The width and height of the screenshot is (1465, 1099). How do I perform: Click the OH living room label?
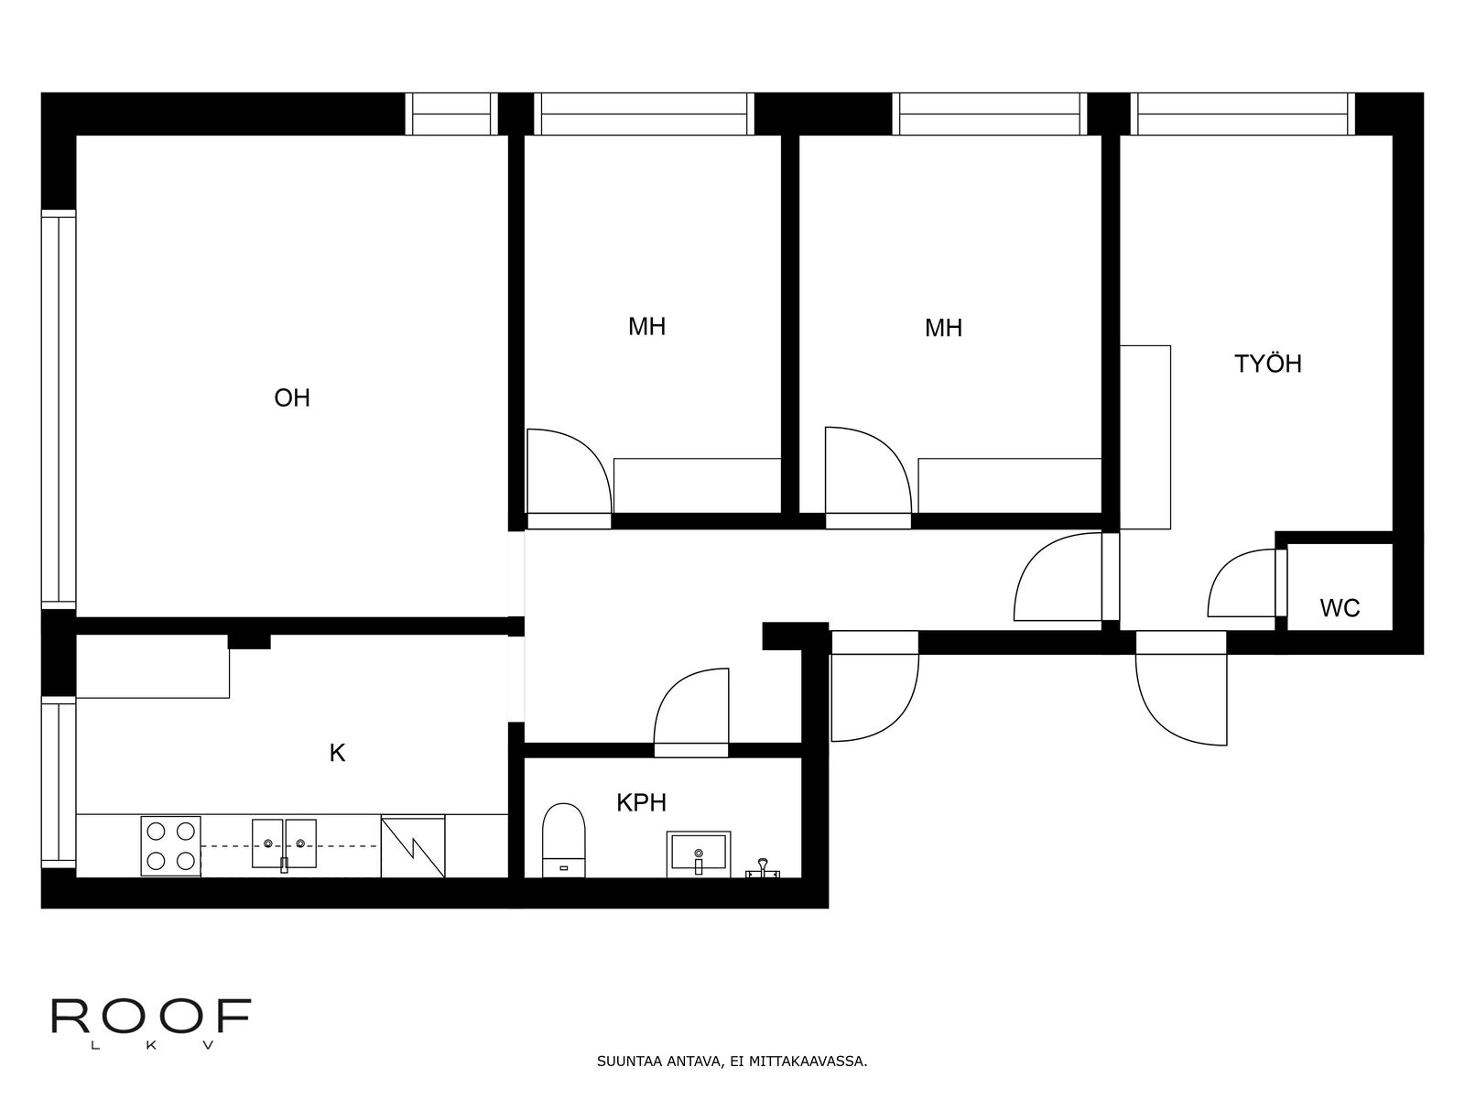[x=292, y=397]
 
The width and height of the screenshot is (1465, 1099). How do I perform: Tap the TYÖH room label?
[x=1267, y=364]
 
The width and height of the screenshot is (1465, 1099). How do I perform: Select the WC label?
[x=1340, y=608]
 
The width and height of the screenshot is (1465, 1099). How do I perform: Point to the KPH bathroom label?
[x=641, y=803]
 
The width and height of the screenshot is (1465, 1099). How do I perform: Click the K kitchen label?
[x=337, y=754]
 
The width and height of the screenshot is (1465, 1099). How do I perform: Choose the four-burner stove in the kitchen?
[x=171, y=846]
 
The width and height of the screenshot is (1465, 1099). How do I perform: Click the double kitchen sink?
[x=284, y=844]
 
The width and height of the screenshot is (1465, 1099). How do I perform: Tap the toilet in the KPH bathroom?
[x=563, y=840]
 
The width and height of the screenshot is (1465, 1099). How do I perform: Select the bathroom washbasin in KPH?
[x=698, y=854]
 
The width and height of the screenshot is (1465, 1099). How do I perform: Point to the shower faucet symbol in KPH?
[x=763, y=868]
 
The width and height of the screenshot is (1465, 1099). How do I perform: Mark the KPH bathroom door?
[x=690, y=713]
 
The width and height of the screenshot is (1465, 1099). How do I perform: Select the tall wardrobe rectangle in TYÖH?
[x=1145, y=437]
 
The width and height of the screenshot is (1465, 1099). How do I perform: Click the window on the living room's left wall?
[x=59, y=409]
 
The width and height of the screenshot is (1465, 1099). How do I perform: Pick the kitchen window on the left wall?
[x=59, y=782]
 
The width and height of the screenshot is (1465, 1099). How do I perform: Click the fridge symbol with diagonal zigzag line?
[x=412, y=846]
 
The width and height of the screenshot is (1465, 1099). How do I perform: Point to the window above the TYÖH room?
[x=1243, y=114]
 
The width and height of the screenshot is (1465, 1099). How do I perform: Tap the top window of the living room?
[x=451, y=114]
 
